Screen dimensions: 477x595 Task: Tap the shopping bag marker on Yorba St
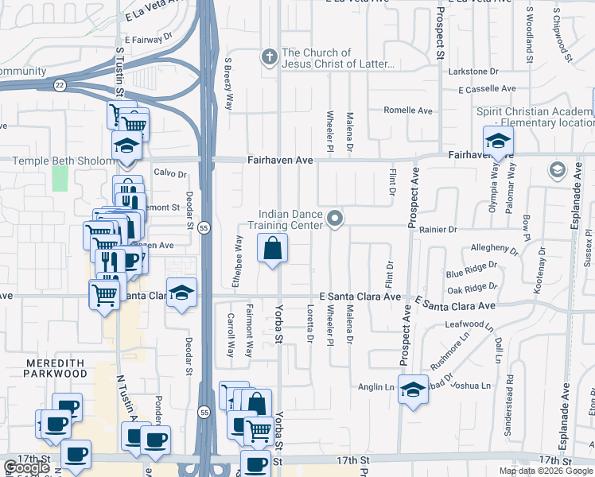[273, 248]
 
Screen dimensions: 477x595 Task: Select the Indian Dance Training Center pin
[336, 217]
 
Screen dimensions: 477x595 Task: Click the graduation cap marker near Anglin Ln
[412, 390]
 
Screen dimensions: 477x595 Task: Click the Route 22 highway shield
[60, 83]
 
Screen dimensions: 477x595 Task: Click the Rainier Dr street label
[441, 229]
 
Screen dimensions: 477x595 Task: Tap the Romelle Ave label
[407, 111]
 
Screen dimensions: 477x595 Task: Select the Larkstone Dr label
[473, 72]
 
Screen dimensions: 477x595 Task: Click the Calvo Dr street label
[169, 173]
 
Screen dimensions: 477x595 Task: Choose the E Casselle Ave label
[487, 89]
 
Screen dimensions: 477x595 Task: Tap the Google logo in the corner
[25, 467]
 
